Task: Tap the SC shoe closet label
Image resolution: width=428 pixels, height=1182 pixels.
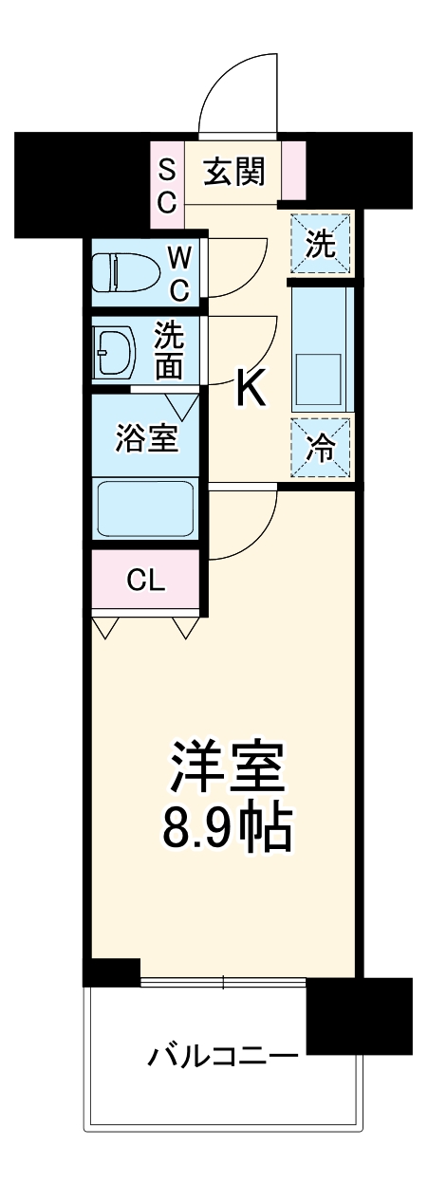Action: [166, 186]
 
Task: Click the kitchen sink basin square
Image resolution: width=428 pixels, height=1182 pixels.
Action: [320, 379]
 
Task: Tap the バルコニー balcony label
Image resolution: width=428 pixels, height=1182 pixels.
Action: [223, 1055]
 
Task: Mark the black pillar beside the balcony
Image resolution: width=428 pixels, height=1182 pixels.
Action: [359, 1016]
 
